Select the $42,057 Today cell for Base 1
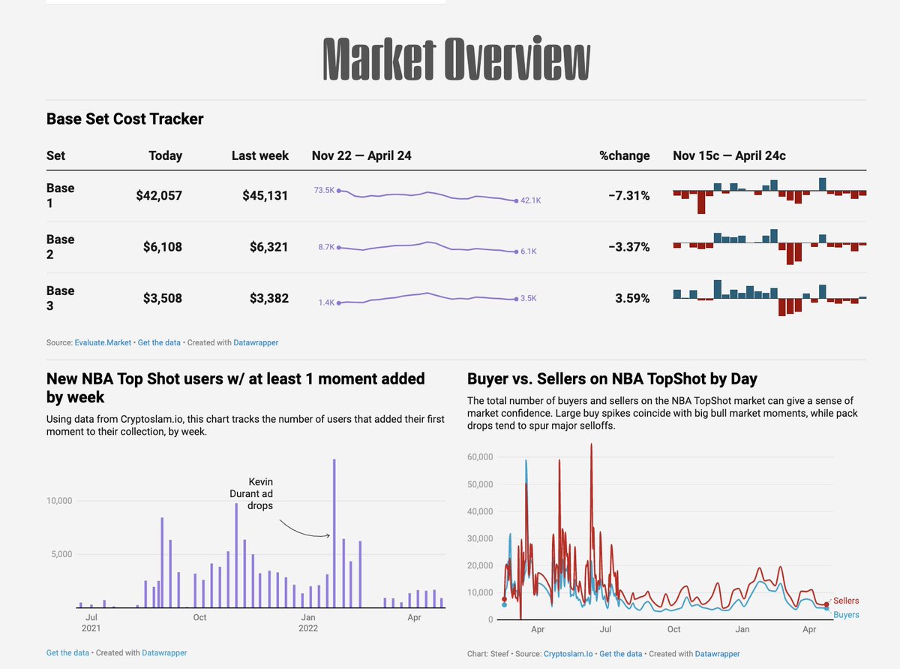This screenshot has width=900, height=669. (159, 196)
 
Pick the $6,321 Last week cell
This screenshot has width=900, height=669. (265, 247)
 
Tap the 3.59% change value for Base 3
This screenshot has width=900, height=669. (632, 298)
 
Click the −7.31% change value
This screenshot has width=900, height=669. (628, 196)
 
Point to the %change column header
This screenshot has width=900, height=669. (624, 156)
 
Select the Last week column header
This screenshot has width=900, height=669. (259, 156)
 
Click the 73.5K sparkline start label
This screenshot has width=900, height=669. (324, 191)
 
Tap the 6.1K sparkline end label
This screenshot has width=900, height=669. (528, 252)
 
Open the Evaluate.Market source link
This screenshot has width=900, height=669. (103, 342)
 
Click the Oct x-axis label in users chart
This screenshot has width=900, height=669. (199, 618)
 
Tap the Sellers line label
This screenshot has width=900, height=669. (846, 601)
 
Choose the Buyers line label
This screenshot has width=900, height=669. (846, 615)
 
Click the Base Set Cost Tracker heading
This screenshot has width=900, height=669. (124, 119)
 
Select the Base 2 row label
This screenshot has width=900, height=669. (60, 247)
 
